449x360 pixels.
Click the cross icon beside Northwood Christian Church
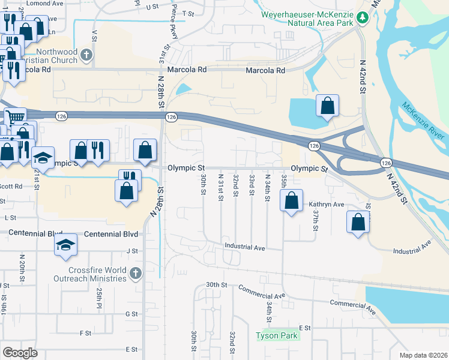click(x=86, y=55)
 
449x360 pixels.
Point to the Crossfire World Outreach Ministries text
click(x=89, y=274)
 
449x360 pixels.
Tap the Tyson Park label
click(x=277, y=336)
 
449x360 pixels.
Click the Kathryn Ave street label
click(x=327, y=205)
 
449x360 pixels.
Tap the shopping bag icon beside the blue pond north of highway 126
click(x=327, y=106)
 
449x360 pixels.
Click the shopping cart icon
click(x=16, y=118)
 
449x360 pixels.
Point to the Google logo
click(x=20, y=353)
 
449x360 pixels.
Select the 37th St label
click(x=315, y=220)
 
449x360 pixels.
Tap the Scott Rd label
click(x=11, y=186)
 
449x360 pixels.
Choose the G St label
click(x=131, y=314)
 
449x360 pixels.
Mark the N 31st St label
click(x=220, y=179)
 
